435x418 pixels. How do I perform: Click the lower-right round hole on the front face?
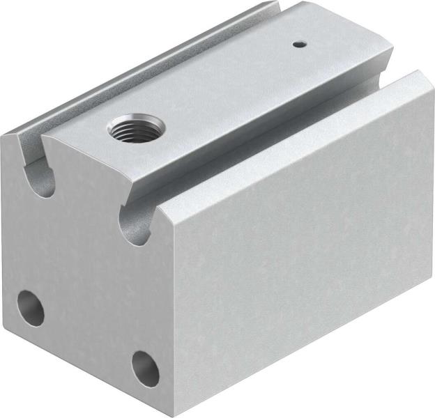tap(145, 368)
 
